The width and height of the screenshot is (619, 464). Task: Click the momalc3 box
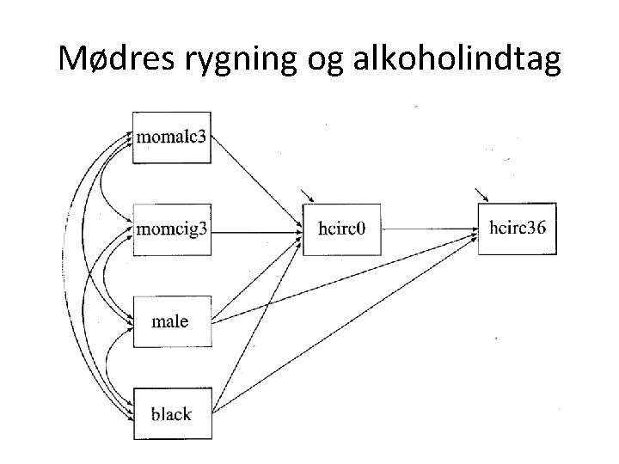click(171, 137)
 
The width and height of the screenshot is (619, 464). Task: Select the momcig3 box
click(171, 229)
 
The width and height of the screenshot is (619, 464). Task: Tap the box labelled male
click(171, 322)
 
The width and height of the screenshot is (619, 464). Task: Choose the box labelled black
click(171, 414)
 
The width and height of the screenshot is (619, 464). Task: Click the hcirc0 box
click(341, 229)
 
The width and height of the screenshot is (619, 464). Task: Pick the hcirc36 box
click(517, 229)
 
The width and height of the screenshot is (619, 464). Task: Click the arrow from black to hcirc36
click(344, 326)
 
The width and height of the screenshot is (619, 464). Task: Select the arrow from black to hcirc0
click(258, 322)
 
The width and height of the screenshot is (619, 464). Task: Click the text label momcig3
click(171, 229)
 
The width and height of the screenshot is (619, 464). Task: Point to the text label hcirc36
click(517, 229)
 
